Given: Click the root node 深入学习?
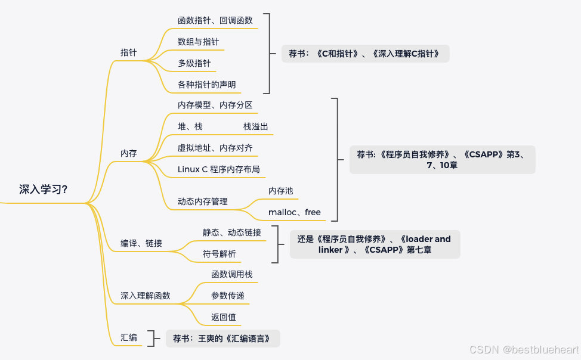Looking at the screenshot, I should point(43,190).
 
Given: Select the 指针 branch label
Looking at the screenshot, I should point(128,52).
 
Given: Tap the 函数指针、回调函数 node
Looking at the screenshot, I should point(215,20).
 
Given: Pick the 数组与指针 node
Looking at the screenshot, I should point(198,42).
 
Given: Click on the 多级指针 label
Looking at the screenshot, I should point(194,63).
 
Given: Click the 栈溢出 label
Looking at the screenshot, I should point(256,126).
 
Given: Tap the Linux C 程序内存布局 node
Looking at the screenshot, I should point(218,169).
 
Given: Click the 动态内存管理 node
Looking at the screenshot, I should point(202,201).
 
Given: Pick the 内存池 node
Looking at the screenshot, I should point(280,191).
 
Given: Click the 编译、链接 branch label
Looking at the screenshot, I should point(141,243).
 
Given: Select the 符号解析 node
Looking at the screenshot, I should point(219,254).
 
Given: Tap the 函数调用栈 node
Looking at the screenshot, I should point(231,274).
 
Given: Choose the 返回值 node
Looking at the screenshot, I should point(223,317).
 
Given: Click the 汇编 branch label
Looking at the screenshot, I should point(128,337).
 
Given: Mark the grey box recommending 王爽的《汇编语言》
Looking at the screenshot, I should point(222,339).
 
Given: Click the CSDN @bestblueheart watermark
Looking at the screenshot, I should point(524,350).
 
